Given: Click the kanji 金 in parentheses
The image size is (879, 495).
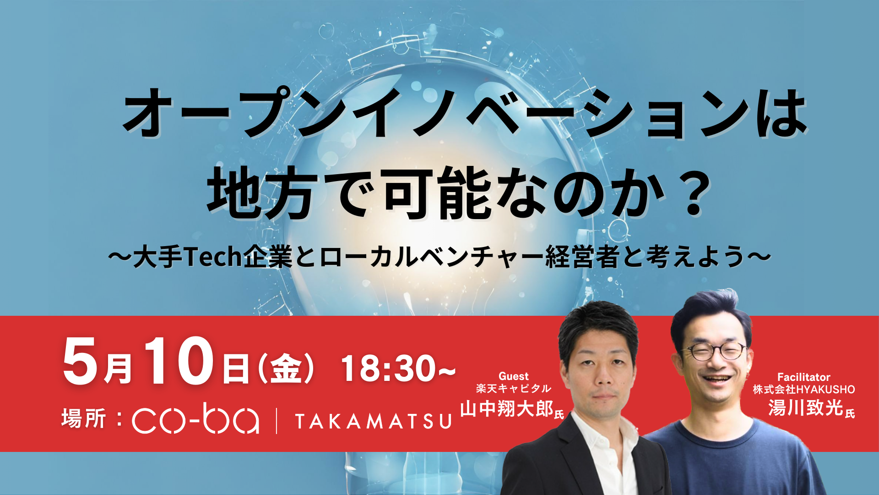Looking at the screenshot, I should click(286, 369).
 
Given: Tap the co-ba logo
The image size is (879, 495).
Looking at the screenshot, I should click(196, 418).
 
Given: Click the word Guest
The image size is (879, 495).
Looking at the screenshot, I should click(513, 376).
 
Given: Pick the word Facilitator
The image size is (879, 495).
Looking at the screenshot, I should click(803, 377).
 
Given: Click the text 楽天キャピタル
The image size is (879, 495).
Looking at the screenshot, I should click(513, 389).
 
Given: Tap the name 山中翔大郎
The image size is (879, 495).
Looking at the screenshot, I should click(507, 408).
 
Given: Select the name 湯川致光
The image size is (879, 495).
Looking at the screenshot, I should click(805, 407).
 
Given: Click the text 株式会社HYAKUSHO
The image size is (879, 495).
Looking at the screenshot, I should click(803, 390).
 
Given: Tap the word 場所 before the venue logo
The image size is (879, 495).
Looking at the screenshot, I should click(84, 418).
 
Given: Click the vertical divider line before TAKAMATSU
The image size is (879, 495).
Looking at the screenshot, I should click(277, 421).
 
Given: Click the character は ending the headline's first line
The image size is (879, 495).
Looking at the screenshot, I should click(781, 115).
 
